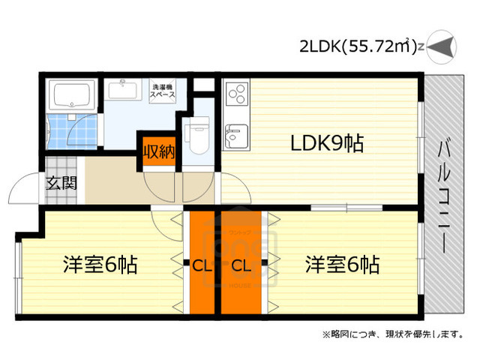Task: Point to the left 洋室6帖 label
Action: [100, 264]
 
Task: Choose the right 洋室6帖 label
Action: [341, 264]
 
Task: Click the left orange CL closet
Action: [201, 264]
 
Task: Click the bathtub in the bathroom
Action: [70, 95]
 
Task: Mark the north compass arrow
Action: [442, 47]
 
